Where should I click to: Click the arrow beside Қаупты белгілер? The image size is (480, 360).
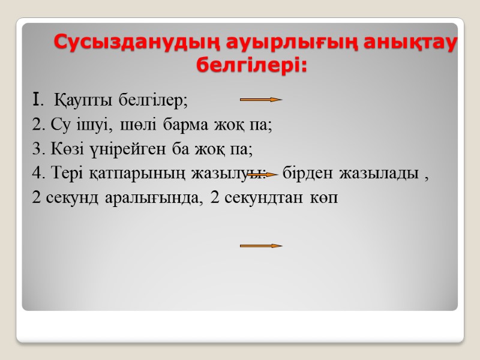tap(261, 99)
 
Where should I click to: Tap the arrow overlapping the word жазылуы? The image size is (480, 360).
tap(262, 175)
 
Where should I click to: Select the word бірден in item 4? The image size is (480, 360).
tap(308, 174)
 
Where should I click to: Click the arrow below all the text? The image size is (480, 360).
tap(261, 246)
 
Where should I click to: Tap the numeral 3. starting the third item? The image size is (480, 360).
tap(38, 149)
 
